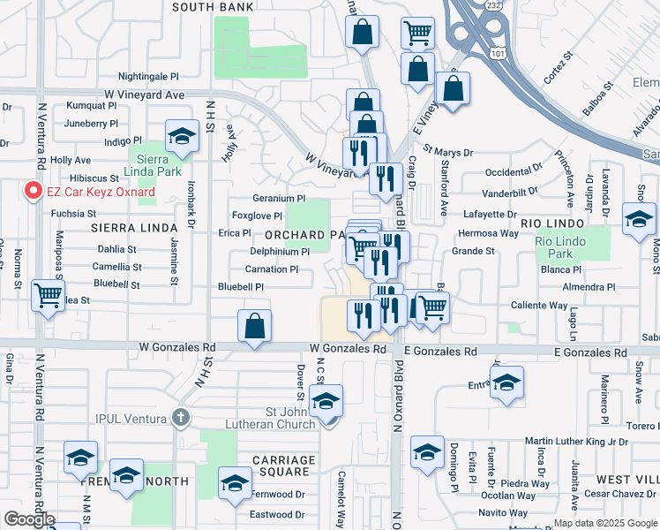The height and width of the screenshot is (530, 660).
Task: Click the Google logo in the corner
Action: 29,519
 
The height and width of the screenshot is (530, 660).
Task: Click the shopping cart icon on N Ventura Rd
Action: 48,295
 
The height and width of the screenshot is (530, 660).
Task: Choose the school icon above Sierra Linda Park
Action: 182,135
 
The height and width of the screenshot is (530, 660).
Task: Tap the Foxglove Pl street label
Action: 257,216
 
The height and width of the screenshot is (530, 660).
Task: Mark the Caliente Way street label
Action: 539,305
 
